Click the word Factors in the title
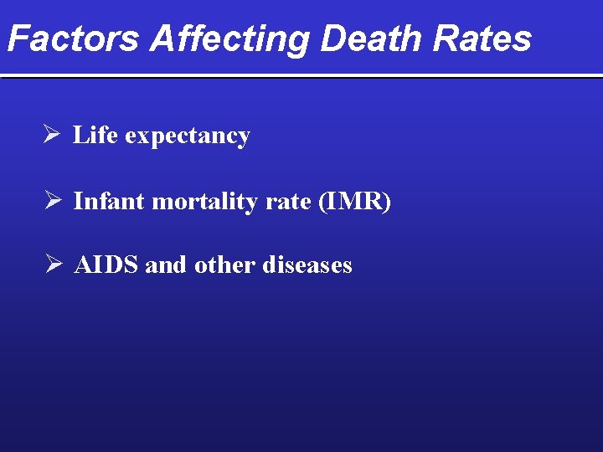[75, 39]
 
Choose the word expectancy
[188, 136]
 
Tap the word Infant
[109, 201]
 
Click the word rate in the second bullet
[289, 202]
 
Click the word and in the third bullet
[167, 265]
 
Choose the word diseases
[307, 265]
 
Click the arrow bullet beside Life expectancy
[51, 135]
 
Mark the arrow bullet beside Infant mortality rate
[51, 201]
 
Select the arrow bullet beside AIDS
[51, 265]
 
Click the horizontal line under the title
[301, 76]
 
